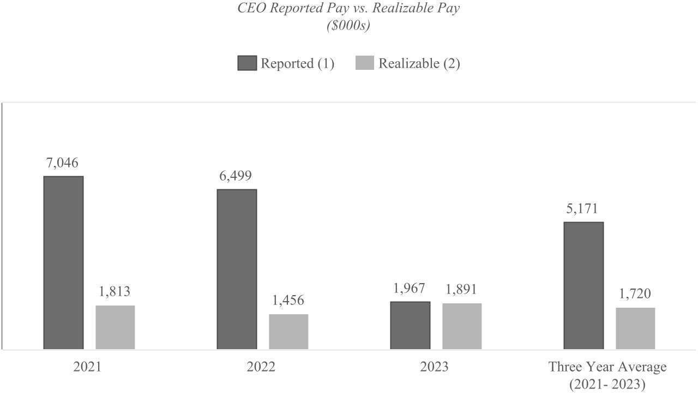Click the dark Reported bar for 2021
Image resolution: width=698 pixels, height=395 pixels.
pyautogui.click(x=63, y=262)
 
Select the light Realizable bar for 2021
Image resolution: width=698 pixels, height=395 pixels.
pyautogui.click(x=115, y=327)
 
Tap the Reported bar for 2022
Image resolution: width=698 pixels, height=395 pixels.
pyautogui.click(x=237, y=269)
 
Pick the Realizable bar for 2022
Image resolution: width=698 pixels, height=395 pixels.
pyautogui.click(x=288, y=332)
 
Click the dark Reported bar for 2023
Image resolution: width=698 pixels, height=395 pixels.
pyautogui.click(x=410, y=325)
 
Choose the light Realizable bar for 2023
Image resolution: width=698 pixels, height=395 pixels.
pyautogui.click(x=462, y=326)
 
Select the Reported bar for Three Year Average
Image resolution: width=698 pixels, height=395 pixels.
pyautogui.click(x=583, y=285)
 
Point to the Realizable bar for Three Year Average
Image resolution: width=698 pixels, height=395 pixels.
pyautogui.click(x=635, y=328)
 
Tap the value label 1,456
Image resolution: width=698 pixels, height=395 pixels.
pyautogui.click(x=288, y=301)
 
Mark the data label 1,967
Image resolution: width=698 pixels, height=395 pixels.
pyautogui.click(x=410, y=289)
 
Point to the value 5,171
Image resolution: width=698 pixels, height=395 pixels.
pyautogui.click(x=583, y=209)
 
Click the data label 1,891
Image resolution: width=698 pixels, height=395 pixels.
pyautogui.click(x=462, y=290)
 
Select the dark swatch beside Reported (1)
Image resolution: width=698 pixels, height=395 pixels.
pyautogui.click(x=247, y=63)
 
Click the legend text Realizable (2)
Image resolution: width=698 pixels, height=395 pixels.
pyautogui.click(x=419, y=63)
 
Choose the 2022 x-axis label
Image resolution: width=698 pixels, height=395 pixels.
pyautogui.click(x=261, y=367)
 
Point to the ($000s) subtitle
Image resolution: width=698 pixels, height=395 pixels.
pyautogui.click(x=348, y=26)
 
